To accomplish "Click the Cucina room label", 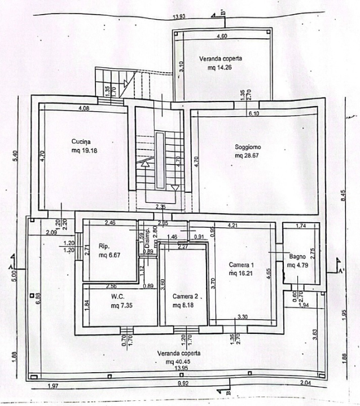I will pyautogui.click(x=81, y=142).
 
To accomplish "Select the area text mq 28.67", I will pyautogui.click(x=248, y=156).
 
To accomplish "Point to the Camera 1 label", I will pyautogui.click(x=242, y=264).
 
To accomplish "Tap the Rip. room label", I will pyautogui.click(x=103, y=246).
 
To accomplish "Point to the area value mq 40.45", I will pyautogui.click(x=179, y=361).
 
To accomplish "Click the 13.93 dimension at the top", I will pyautogui.click(x=179, y=16).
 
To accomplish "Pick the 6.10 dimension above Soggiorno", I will pyautogui.click(x=254, y=113).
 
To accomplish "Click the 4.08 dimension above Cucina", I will pyautogui.click(x=84, y=108).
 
